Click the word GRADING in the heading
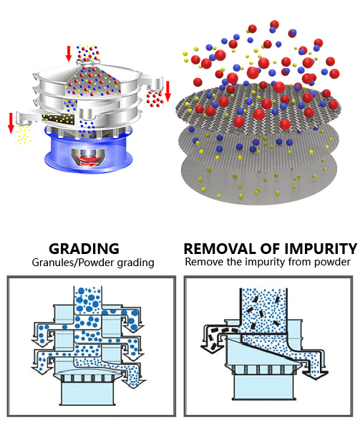tap(84, 248)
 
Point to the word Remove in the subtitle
tap(204, 262)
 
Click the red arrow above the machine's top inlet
tap(69, 54)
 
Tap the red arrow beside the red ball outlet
tap(167, 91)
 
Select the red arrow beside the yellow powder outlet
tap(11, 123)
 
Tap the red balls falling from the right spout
tap(155, 99)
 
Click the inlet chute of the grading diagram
tap(88, 300)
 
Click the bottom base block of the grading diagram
tap(88, 393)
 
